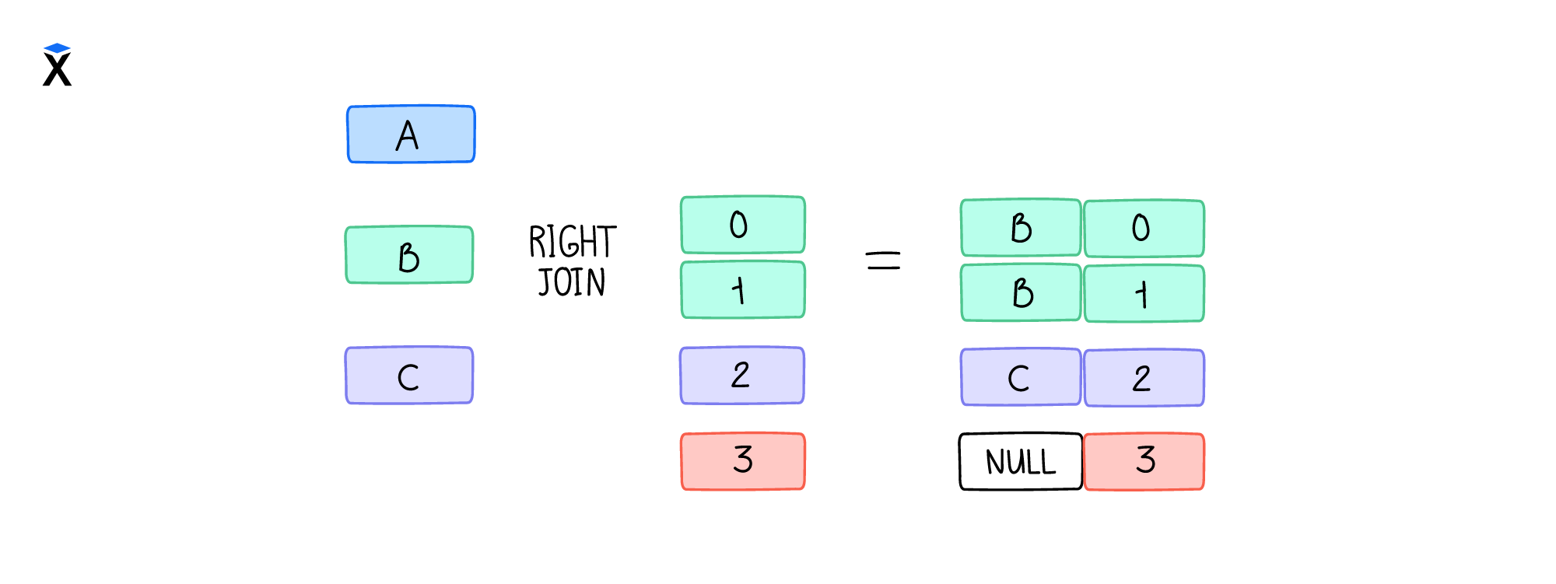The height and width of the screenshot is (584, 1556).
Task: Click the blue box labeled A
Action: point(411,135)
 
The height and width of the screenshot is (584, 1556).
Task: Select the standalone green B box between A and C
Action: point(409,255)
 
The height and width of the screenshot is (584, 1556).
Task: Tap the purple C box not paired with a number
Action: point(409,376)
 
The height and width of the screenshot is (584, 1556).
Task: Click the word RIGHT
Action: point(573,241)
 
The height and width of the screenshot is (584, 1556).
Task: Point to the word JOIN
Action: point(572,282)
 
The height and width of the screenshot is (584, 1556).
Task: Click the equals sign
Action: point(883,261)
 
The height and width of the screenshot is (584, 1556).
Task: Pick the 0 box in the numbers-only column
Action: point(743,225)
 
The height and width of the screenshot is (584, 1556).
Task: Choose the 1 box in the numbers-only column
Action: point(743,290)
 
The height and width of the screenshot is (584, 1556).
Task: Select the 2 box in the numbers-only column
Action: point(742,376)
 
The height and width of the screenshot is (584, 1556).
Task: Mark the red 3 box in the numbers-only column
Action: point(743,461)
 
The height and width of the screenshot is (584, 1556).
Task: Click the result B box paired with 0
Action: point(1021,228)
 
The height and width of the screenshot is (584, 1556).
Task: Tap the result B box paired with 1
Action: point(1021,293)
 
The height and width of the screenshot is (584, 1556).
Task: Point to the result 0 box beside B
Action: point(1144,229)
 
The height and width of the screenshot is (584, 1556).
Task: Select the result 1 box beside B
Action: point(1144,294)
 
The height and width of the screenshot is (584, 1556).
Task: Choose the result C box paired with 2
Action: point(1021,377)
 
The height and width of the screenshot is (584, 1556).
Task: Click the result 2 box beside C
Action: point(1144,378)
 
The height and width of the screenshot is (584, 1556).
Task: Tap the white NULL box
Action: point(1021,462)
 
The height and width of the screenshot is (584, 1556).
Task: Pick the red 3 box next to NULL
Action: point(1144,462)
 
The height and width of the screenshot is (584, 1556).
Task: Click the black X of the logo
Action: point(57,70)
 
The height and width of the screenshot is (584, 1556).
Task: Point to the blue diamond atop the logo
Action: point(57,48)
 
